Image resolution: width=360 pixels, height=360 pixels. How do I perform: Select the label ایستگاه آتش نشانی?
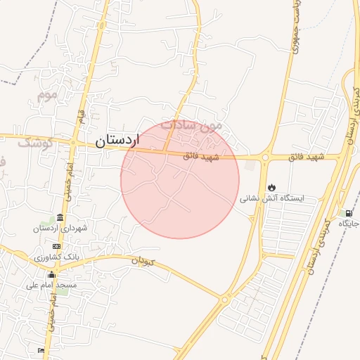click(273, 198)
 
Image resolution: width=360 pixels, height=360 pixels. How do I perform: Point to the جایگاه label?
click(349, 224)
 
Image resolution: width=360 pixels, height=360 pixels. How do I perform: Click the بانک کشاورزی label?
click(57, 257)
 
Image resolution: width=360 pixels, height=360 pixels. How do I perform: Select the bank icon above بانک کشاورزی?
click(57, 246)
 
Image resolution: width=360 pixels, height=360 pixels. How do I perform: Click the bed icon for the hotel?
click(41, 349)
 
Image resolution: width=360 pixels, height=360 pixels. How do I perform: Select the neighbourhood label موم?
click(46, 93)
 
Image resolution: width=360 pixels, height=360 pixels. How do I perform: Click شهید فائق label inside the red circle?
click(201, 157)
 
